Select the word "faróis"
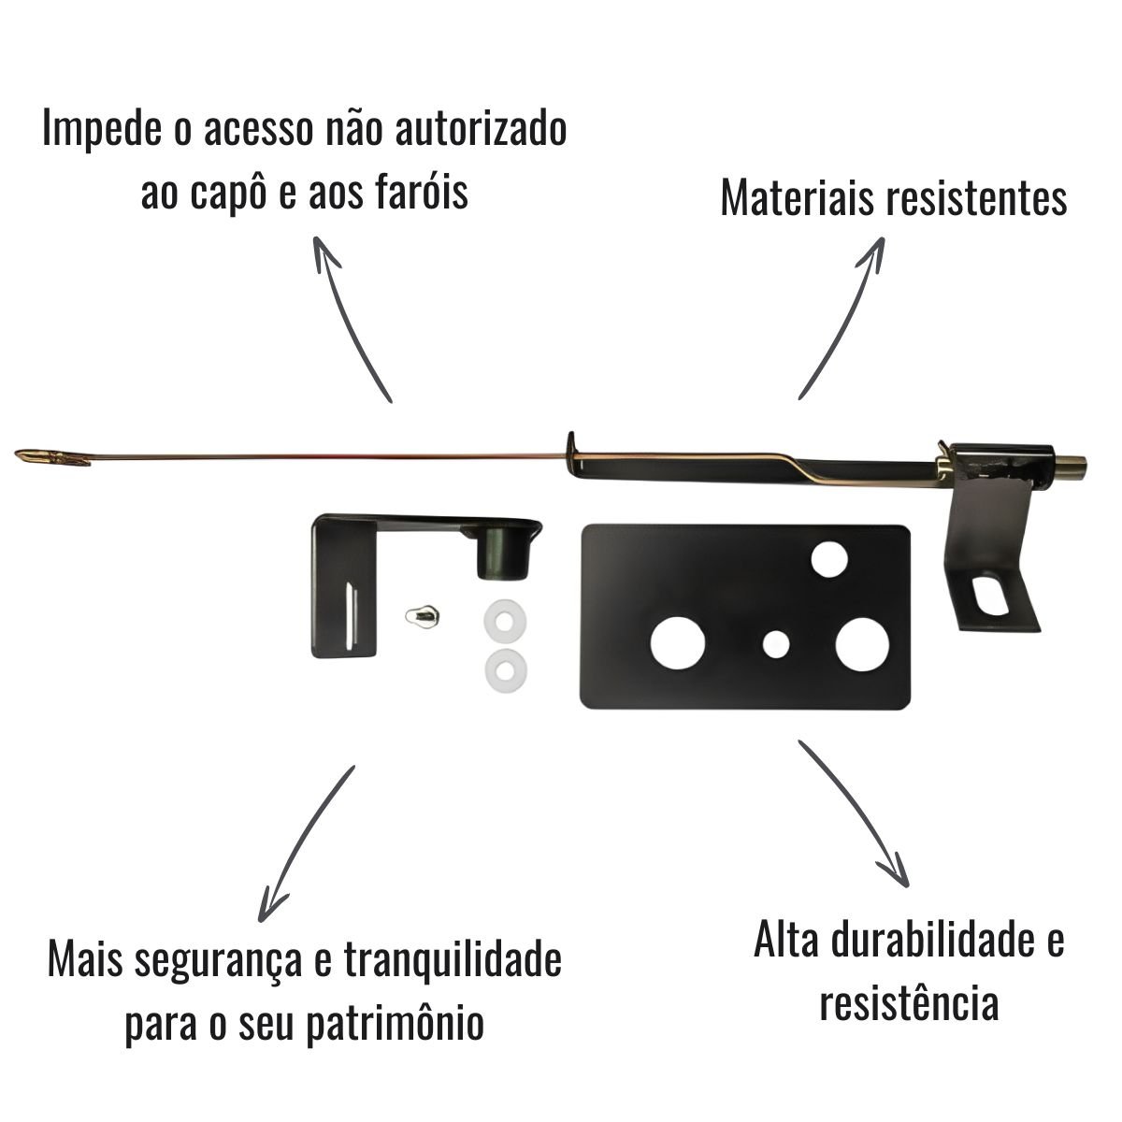[420, 191]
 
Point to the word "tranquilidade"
[453, 861]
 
